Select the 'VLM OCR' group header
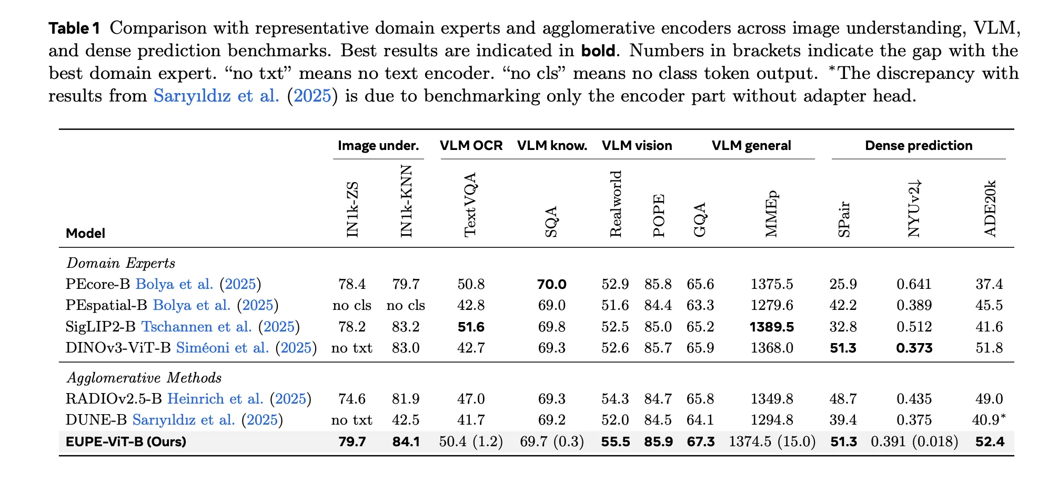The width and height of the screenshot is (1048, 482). click(x=471, y=146)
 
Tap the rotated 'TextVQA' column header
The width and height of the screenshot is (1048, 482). click(x=470, y=205)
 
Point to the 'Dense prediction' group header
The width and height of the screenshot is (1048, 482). click(x=918, y=146)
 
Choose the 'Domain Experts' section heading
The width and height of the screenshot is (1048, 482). click(x=120, y=263)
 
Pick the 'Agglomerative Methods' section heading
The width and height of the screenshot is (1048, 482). click(x=144, y=378)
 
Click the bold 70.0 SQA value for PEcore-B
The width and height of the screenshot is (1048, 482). click(x=551, y=285)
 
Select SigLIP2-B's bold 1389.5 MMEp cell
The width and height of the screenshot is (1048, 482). click(x=771, y=327)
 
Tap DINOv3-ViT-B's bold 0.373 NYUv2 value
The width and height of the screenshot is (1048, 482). click(x=914, y=348)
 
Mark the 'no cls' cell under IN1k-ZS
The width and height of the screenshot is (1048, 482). click(x=351, y=306)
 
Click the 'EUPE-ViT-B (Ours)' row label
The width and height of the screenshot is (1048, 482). click(x=126, y=441)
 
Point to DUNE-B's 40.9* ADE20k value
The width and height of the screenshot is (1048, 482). click(x=989, y=420)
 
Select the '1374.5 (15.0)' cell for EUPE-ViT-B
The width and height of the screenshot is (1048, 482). click(x=772, y=441)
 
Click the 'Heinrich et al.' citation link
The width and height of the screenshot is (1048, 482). click(x=215, y=399)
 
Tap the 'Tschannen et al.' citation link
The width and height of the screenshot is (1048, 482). click(x=196, y=327)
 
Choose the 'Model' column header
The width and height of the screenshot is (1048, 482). click(x=85, y=233)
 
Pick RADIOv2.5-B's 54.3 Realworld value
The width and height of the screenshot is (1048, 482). click(x=615, y=399)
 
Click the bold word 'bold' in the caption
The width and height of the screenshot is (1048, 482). click(x=598, y=51)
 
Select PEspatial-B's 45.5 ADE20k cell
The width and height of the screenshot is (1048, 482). click(x=989, y=306)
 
